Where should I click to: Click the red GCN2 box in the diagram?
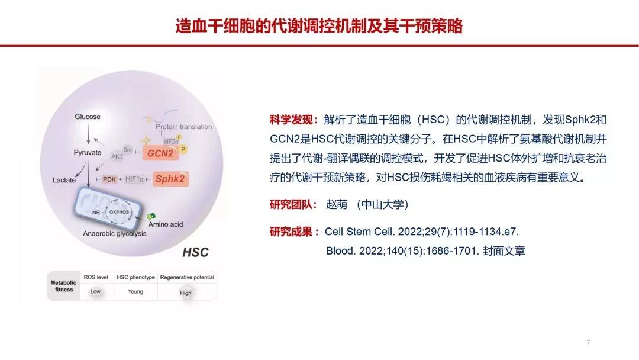click(160, 153)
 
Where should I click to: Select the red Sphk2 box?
click(170, 179)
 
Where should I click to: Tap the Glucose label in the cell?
click(88, 117)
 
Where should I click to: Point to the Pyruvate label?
click(88, 153)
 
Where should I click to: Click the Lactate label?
click(64, 180)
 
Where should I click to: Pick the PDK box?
click(109, 179)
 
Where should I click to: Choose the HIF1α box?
click(134, 179)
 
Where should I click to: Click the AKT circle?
click(117, 156)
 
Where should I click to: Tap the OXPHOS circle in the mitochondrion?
click(119, 212)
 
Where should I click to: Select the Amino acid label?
click(166, 224)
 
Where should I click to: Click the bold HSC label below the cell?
click(195, 252)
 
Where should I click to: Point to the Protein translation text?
click(184, 127)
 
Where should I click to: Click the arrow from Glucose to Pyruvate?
click(88, 134)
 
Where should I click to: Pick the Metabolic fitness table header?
click(63, 286)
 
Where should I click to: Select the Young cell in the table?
click(135, 291)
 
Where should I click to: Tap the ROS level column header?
click(96, 277)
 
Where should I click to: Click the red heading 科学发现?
click(291, 120)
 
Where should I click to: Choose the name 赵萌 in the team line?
click(337, 204)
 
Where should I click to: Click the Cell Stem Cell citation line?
click(422, 232)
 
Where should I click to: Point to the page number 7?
click(588, 343)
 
